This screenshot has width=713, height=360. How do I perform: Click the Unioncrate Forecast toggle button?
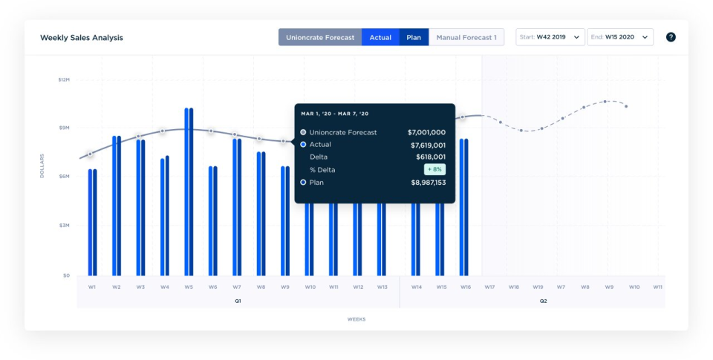tap(320, 37)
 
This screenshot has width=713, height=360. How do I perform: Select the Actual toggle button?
tap(380, 37)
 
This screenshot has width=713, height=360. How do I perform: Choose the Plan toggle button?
tap(414, 37)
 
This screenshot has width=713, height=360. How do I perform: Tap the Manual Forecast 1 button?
tap(466, 37)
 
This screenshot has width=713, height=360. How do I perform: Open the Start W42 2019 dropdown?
tap(550, 37)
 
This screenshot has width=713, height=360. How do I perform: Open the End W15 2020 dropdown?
tap(620, 37)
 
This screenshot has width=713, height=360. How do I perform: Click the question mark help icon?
tap(671, 37)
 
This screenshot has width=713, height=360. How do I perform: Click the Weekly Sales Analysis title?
tap(82, 37)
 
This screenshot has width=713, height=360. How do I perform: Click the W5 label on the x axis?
tap(189, 287)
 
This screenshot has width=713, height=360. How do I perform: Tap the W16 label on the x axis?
tap(465, 287)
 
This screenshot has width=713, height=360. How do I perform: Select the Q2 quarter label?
tap(543, 301)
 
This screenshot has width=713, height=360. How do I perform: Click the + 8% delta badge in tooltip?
tap(434, 169)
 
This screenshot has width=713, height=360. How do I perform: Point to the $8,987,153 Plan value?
tap(426, 182)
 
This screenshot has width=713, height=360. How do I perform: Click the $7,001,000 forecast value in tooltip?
tap(426, 132)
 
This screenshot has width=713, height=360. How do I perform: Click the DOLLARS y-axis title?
tap(42, 166)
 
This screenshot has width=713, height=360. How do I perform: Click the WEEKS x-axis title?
tap(356, 319)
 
